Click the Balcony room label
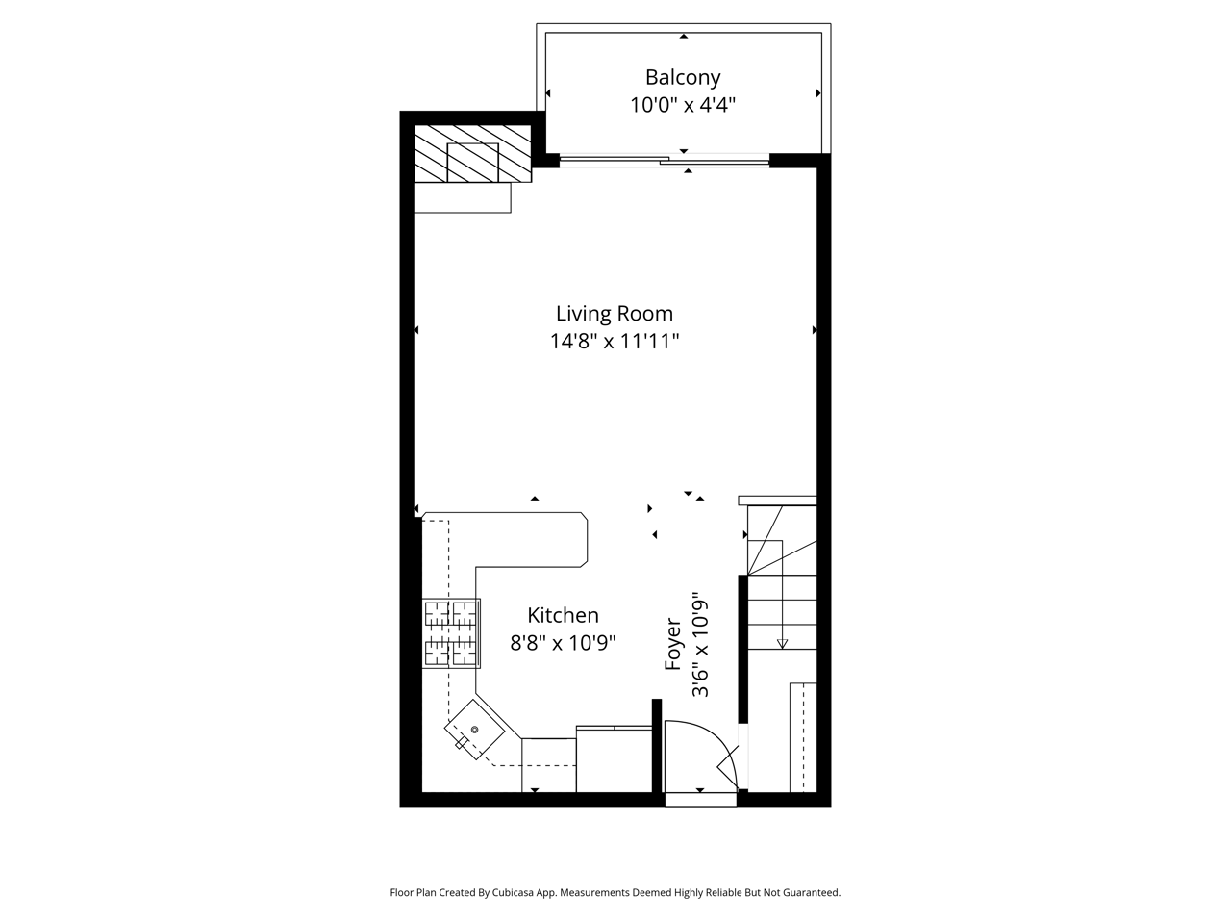point(683,77)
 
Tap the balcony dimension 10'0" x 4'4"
point(683,105)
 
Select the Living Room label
point(615,313)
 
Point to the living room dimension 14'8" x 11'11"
point(615,341)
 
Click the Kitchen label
point(563,615)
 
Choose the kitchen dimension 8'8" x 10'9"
point(563,642)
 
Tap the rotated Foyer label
point(673,645)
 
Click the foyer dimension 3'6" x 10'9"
point(701,645)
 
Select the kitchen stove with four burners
point(452,632)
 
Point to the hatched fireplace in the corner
point(472,153)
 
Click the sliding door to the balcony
point(664,160)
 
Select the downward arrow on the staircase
point(782,642)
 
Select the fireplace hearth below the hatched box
point(462,197)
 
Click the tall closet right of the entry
point(802,736)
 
